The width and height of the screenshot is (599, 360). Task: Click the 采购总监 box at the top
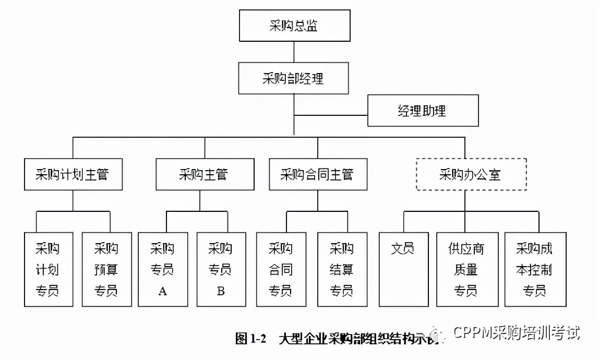click(x=294, y=26)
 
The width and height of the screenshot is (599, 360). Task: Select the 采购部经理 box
click(x=294, y=79)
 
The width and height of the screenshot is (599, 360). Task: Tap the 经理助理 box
click(x=423, y=111)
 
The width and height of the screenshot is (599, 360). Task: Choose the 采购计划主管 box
click(x=73, y=174)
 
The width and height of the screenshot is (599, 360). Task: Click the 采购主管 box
click(x=204, y=174)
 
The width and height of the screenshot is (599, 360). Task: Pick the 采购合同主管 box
click(x=318, y=174)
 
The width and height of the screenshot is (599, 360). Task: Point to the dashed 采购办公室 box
click(x=470, y=174)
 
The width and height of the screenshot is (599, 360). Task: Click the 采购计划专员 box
click(x=47, y=269)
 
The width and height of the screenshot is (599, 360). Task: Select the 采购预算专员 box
click(x=106, y=269)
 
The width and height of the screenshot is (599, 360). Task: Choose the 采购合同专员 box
click(x=281, y=269)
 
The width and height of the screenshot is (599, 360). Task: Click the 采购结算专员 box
click(x=342, y=269)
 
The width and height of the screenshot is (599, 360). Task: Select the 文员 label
click(x=402, y=248)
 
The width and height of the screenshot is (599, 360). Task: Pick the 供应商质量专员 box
click(x=465, y=269)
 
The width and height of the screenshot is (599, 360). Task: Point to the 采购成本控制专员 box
click(x=535, y=269)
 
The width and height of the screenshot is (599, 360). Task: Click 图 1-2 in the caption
click(x=251, y=339)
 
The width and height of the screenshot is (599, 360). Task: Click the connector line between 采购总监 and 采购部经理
click(x=294, y=52)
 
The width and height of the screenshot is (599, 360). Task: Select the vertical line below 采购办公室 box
click(x=465, y=201)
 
